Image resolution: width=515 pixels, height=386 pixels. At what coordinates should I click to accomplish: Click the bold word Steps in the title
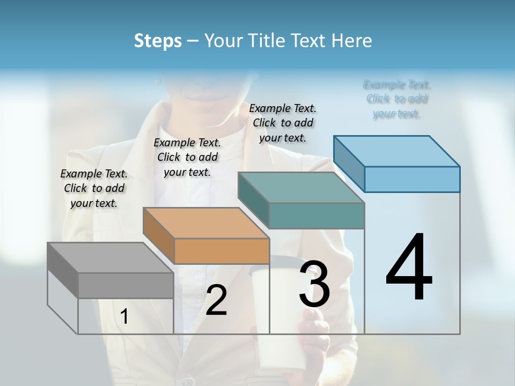point(158,41)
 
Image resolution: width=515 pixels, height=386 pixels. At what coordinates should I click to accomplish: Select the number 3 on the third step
point(314,284)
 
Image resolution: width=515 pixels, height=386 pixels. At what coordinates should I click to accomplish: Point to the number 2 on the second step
point(216,301)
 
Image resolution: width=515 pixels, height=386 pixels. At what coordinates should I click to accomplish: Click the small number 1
point(124,317)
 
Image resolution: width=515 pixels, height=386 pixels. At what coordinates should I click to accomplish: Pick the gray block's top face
point(110,257)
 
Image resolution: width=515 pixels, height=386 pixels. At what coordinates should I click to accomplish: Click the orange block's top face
point(205,222)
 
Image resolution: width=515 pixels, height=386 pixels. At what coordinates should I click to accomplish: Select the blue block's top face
point(396,151)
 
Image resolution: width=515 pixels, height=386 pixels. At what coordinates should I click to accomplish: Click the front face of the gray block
point(126,286)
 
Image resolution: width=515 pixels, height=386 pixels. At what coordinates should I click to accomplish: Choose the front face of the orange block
point(222,251)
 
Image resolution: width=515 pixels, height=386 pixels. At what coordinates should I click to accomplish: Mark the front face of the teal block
point(317,216)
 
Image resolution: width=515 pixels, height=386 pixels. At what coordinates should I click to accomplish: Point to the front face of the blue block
point(412,179)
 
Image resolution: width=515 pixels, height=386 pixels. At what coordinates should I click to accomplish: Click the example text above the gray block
point(94,188)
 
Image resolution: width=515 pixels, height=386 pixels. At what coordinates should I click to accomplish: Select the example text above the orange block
point(187,157)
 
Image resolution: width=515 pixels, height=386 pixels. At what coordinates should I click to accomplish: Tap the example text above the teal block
point(283,123)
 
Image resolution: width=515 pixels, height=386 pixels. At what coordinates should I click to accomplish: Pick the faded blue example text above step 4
point(397,99)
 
